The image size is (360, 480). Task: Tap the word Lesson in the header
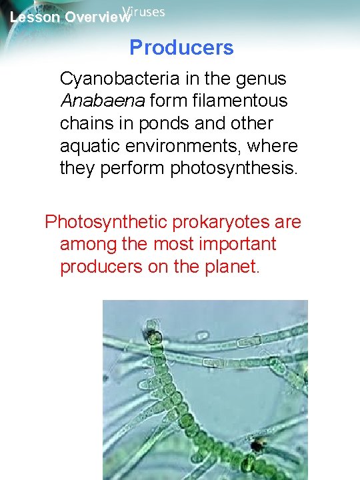[33, 18]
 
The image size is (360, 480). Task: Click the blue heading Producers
[181, 48]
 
